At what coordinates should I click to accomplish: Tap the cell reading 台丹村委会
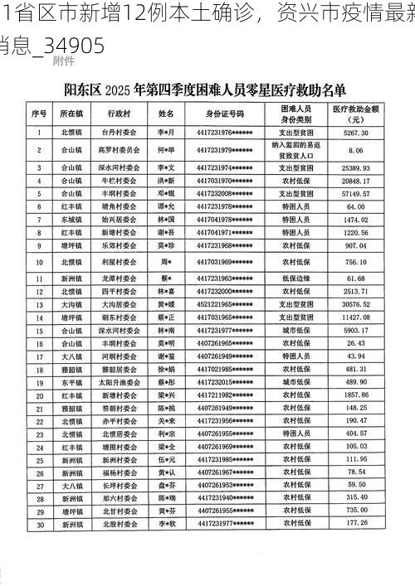116,133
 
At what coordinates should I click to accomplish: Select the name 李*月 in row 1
166,133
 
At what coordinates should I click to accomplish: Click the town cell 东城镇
71,219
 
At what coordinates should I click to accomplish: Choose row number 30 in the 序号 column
39,524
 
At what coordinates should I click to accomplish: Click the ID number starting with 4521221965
225,304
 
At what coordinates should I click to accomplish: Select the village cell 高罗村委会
116,150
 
